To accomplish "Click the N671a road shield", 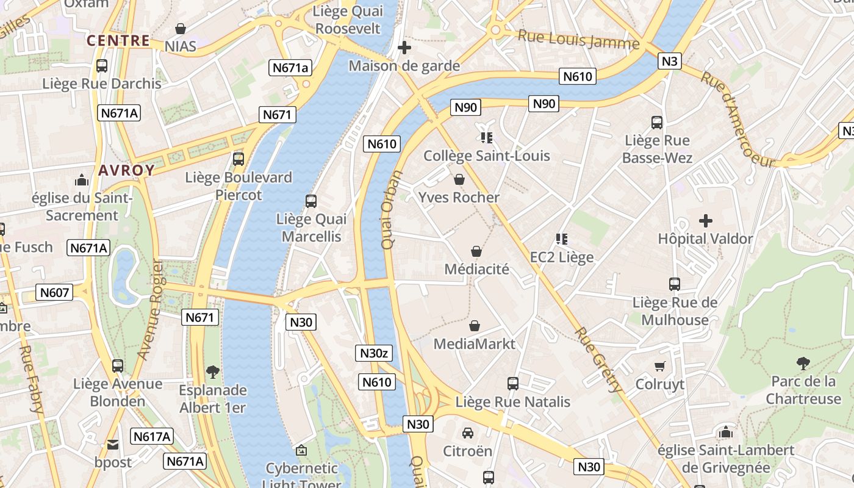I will pos(290,68).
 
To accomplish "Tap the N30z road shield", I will pos(373,353).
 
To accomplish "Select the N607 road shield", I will pos(54,293).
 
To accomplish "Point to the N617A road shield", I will pos(152,436).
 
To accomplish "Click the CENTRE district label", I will pos(118,41).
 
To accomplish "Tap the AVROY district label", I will pos(126,170).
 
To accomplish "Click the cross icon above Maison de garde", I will pos(404,48).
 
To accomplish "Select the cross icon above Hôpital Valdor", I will pos(706,220).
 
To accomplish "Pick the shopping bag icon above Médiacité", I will pos(476,251).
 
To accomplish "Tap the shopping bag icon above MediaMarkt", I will pos(474,326).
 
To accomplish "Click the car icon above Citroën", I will pos(467,433).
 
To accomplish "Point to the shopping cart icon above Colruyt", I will pos(659,366).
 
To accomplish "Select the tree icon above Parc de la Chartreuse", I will pos(803,364).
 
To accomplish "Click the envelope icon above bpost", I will pos(113,445).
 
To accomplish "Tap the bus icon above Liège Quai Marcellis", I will pos(310,201).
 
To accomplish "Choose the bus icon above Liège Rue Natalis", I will pos(513,384).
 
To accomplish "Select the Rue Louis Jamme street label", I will pos(578,40).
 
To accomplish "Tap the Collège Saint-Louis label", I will pos(487,156).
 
